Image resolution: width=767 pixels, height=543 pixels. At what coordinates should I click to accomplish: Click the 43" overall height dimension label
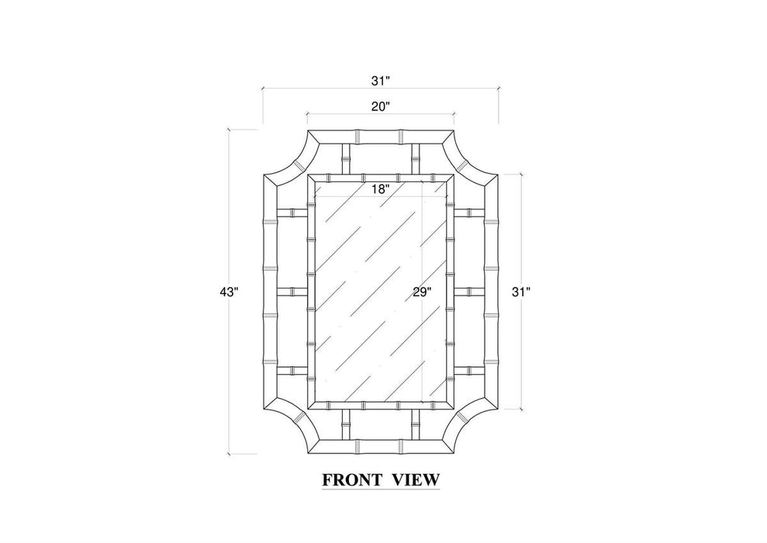click(x=229, y=292)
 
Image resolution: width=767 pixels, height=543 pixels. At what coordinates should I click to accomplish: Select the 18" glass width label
click(x=379, y=189)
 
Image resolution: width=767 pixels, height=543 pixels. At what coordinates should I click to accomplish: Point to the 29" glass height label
click(x=422, y=292)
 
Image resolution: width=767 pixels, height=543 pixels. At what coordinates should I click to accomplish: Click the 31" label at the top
click(x=379, y=81)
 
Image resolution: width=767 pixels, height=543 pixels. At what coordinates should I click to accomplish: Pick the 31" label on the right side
click(x=521, y=292)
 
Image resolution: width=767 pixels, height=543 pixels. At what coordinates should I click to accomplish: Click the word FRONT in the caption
click(x=352, y=480)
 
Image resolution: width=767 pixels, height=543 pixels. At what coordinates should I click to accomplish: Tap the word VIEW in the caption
click(x=416, y=480)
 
